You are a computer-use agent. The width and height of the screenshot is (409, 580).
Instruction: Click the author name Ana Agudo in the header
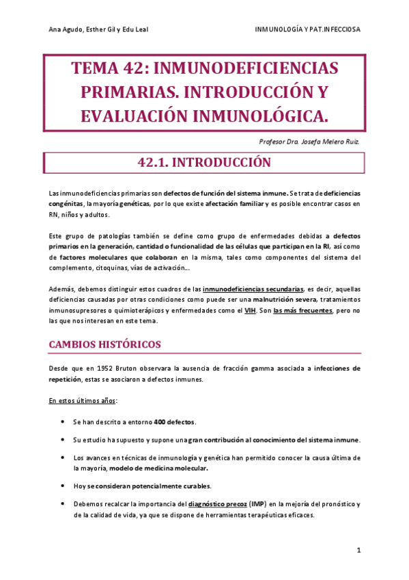click(66, 29)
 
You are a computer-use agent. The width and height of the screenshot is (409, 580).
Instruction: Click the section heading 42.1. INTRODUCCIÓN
click(204, 163)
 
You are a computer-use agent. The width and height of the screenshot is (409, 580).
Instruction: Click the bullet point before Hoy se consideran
click(63, 486)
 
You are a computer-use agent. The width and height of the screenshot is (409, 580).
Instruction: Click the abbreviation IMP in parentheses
click(257, 504)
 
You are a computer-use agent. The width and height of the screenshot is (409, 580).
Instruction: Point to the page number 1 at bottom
click(358, 550)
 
